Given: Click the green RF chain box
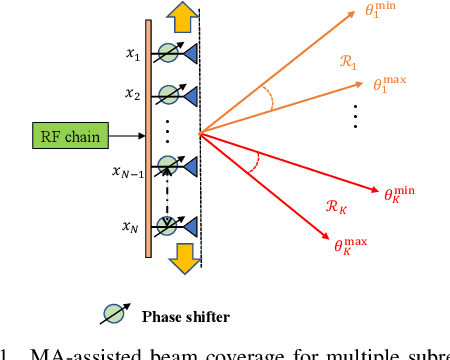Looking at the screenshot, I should pos(69,136).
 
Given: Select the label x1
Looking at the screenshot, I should pos(132,56).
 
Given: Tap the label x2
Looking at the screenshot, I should pos(132,94).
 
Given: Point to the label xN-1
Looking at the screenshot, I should pos(128,173).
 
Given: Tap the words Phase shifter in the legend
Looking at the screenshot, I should pos(185,317).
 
